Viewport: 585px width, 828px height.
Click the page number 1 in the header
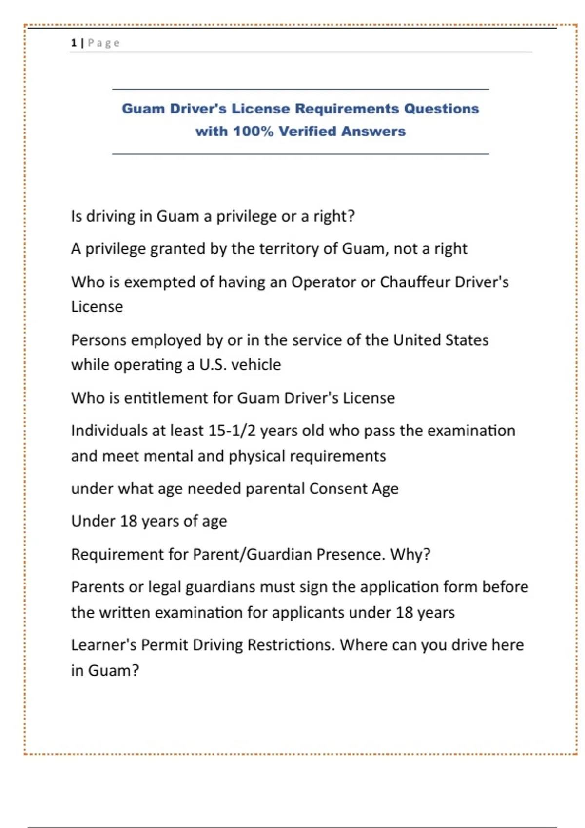pos(74,43)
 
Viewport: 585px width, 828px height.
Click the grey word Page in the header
pos(104,43)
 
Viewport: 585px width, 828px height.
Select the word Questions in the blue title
pos(441,109)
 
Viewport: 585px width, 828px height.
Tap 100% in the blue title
pos(253,132)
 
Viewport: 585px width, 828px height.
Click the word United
pos(417,340)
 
